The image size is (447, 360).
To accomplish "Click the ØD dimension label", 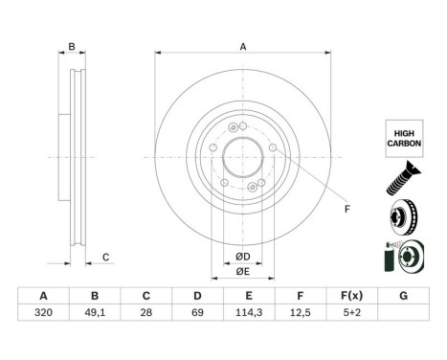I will click(242, 255).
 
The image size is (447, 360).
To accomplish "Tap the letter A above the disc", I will click(242, 47).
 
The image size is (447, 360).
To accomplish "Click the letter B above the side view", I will click(71, 47).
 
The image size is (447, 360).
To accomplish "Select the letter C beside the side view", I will click(106, 256).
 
